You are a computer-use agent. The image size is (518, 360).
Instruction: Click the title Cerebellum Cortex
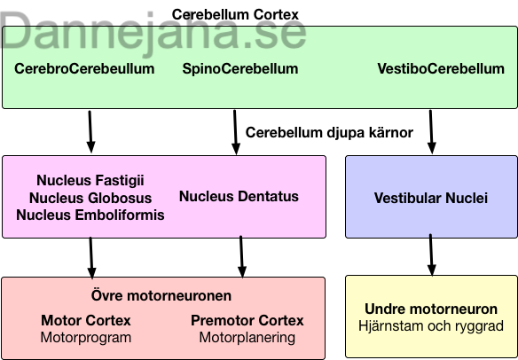(x=235, y=14)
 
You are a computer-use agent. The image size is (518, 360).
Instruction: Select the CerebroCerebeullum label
(x=84, y=68)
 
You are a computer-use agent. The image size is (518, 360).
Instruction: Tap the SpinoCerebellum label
(x=240, y=68)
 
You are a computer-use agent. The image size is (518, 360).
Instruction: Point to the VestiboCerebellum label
(x=441, y=68)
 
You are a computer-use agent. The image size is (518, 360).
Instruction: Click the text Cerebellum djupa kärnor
(x=329, y=132)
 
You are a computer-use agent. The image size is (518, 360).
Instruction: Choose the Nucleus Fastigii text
(x=90, y=180)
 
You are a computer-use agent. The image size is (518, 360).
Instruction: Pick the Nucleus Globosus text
(x=90, y=198)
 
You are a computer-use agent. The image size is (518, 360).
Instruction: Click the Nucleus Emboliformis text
(x=90, y=215)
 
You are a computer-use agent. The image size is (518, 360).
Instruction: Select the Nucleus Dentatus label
(x=239, y=196)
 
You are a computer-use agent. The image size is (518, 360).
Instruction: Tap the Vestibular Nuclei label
(x=431, y=198)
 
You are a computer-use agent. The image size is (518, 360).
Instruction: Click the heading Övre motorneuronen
(x=161, y=295)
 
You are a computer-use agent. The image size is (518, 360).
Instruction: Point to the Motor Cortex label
(x=86, y=320)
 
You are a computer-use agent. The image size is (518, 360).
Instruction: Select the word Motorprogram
(x=86, y=338)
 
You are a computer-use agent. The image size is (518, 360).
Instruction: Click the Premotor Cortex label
(x=247, y=320)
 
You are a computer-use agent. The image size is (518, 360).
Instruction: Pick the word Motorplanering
(x=247, y=338)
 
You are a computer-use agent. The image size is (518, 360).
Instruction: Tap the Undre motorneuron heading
(x=431, y=309)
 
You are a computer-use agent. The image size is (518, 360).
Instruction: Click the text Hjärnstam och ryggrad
(x=431, y=326)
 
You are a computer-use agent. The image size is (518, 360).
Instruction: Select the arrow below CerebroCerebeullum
(x=90, y=132)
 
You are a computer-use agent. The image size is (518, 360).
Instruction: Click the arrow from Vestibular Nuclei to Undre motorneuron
(x=431, y=254)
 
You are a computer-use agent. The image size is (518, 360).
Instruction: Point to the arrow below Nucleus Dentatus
(x=242, y=256)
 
